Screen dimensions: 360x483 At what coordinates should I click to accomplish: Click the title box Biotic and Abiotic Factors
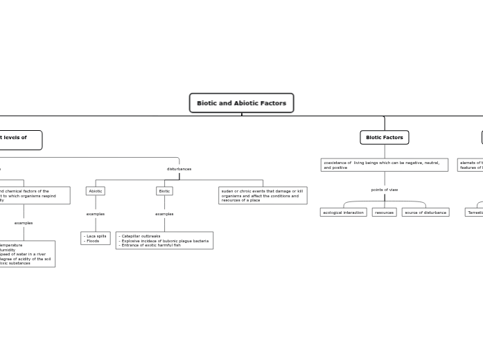pyautogui.click(x=241, y=103)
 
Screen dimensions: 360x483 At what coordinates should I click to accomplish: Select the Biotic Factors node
pyautogui.click(x=384, y=138)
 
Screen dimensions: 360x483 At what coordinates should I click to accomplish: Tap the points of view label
pyautogui.click(x=384, y=190)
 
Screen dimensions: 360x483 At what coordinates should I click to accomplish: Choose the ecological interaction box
pyautogui.click(x=343, y=213)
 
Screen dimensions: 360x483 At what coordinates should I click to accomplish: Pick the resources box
pyautogui.click(x=384, y=213)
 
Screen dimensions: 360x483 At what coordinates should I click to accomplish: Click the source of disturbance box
pyautogui.click(x=425, y=213)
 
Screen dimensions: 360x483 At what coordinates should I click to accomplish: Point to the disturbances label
pyautogui.click(x=179, y=169)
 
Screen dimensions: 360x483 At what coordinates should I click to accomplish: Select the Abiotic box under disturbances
pyautogui.click(x=96, y=191)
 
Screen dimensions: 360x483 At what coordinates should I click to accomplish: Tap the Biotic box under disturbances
pyautogui.click(x=164, y=191)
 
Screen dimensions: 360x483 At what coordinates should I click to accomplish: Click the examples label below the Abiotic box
pyautogui.click(x=96, y=214)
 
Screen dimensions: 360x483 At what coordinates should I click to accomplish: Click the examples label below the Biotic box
pyautogui.click(x=164, y=214)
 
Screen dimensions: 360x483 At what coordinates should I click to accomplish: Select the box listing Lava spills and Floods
pyautogui.click(x=96, y=238)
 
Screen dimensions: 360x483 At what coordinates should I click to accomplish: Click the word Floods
pyautogui.click(x=93, y=241)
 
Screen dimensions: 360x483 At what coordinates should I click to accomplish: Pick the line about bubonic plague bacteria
pyautogui.click(x=165, y=241)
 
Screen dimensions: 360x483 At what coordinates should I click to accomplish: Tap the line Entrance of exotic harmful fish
pyautogui.click(x=150, y=245)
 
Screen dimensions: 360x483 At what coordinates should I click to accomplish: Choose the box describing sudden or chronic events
pyautogui.click(x=263, y=195)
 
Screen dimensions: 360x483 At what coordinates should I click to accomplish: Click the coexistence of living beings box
pyautogui.click(x=384, y=165)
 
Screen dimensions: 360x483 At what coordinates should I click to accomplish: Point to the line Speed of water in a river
pyautogui.click(x=23, y=254)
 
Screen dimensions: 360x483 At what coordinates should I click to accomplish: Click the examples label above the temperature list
pyautogui.click(x=24, y=223)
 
